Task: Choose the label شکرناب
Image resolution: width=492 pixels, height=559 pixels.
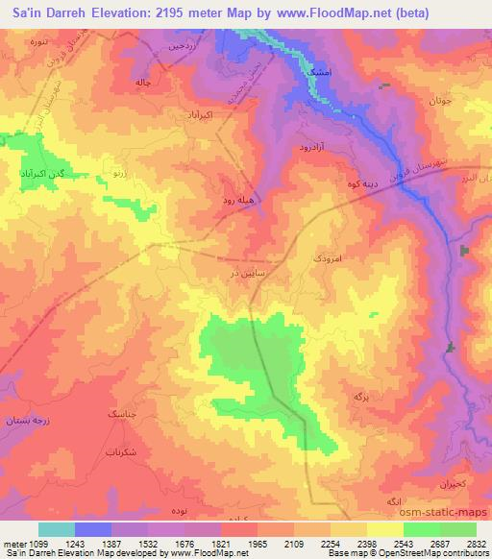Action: pos(118,450)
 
